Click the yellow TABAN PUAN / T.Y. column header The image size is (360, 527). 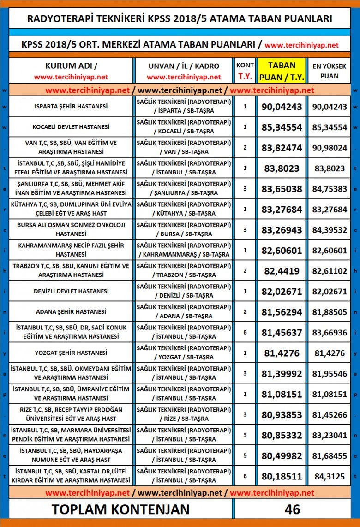point(282,71)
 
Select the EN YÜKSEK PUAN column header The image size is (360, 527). point(330,71)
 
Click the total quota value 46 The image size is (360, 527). point(293,509)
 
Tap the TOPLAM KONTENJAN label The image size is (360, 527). point(120,509)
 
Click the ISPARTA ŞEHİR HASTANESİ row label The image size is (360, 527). point(71,107)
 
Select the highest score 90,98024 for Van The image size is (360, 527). point(330,148)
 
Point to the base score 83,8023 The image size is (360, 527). point(282,168)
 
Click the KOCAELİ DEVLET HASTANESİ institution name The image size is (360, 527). point(71,127)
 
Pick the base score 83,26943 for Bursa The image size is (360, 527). point(282,230)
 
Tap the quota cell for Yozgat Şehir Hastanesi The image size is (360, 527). point(245,353)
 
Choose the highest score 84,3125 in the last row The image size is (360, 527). point(330,476)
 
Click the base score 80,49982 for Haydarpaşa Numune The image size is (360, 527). point(282,455)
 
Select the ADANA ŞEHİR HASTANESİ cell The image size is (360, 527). point(71,312)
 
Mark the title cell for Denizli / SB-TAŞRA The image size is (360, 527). point(183,291)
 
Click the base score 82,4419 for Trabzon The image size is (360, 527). point(282,271)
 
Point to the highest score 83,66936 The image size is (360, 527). point(330,332)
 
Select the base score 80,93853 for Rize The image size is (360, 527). point(282,414)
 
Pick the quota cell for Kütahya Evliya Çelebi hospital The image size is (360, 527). point(245,209)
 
